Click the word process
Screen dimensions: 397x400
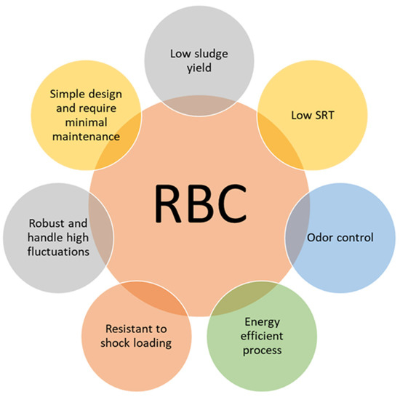click(262, 351)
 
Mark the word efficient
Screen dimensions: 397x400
click(262, 337)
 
